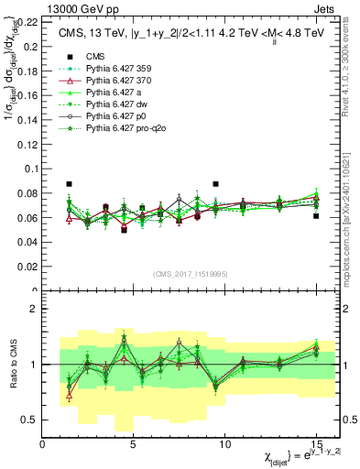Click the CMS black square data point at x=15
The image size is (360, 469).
pos(316,216)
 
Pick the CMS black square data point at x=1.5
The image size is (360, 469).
pos(70,184)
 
